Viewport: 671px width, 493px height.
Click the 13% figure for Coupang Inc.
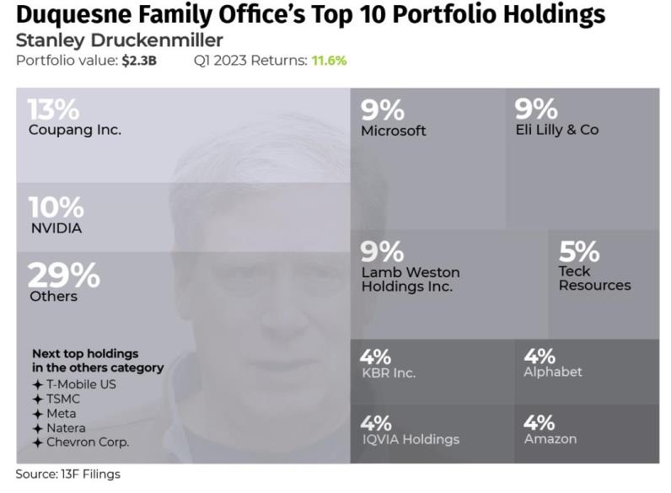point(53,110)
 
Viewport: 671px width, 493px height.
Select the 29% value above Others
point(64,276)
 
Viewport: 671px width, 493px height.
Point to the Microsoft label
point(393,131)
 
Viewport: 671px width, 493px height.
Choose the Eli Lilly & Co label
point(556,130)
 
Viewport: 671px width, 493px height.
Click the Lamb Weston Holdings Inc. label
point(411,279)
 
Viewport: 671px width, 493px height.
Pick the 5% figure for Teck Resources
point(579,251)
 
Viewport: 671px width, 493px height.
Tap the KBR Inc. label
point(388,372)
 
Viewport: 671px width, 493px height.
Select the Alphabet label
point(552,372)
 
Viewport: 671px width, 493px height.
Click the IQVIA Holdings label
point(410,439)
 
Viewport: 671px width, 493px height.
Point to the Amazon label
point(550,438)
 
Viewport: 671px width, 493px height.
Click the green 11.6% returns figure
point(330,61)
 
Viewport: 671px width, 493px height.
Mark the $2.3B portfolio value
point(139,61)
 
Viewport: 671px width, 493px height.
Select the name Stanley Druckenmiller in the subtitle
point(119,40)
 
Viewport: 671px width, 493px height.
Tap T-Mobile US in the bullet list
point(81,384)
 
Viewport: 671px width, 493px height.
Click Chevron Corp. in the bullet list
point(88,442)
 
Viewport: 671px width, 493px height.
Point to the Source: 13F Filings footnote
point(67,474)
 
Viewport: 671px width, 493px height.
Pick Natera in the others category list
point(66,428)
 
